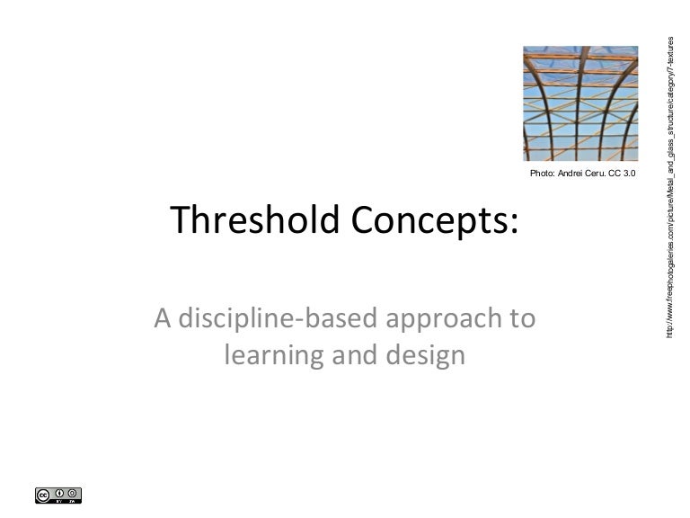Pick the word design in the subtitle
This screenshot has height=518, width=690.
click(x=428, y=357)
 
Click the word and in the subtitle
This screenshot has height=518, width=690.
click(x=358, y=357)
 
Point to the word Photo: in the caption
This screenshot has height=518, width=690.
click(x=546, y=172)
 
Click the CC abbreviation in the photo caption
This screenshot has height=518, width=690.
click(x=621, y=172)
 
